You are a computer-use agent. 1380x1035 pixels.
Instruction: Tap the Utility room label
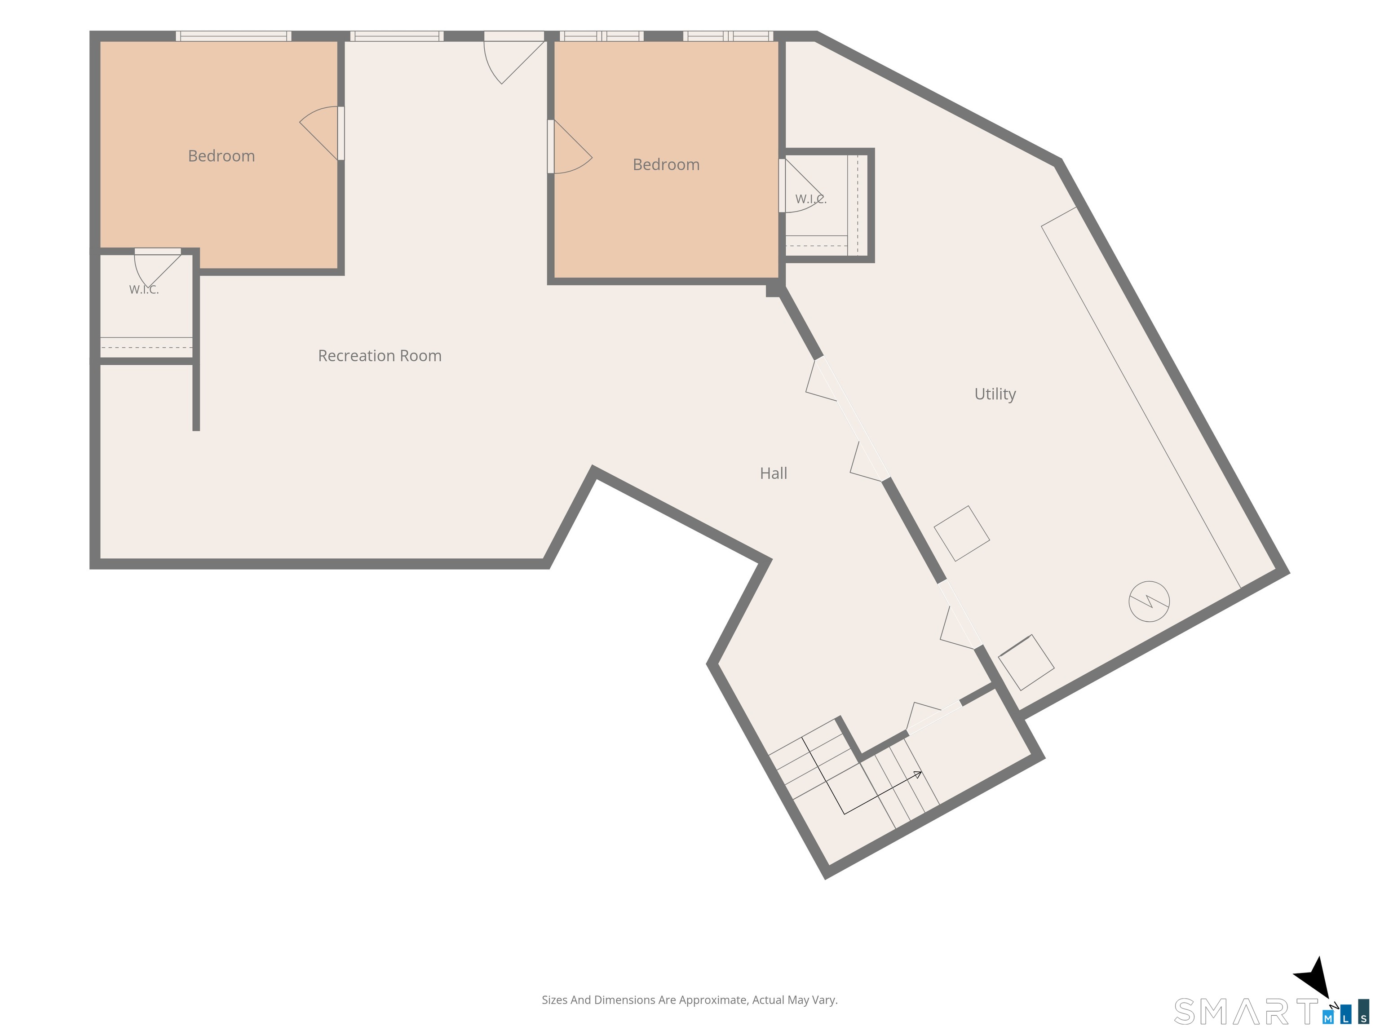995,394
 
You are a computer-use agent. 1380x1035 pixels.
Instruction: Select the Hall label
773,473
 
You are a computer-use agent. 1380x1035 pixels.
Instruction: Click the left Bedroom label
221,156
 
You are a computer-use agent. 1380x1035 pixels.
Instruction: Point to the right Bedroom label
666,165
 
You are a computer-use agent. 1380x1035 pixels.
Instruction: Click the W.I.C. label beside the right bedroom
810,199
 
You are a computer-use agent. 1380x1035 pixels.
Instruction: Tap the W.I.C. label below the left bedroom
144,289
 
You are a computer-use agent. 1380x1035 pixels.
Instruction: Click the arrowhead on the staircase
918,774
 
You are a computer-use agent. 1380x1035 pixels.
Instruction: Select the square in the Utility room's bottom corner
1026,663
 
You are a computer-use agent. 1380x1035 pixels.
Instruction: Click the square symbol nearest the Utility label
961,533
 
